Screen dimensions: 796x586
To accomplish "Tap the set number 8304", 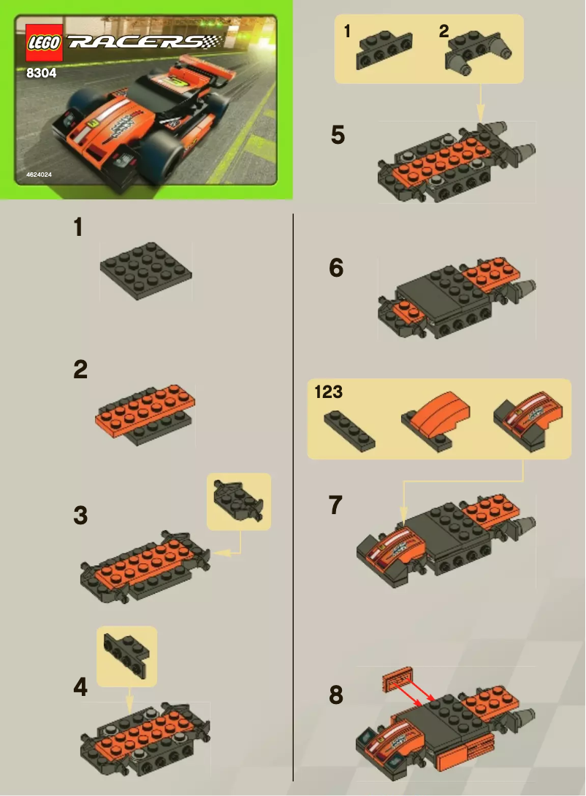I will pyautogui.click(x=42, y=73).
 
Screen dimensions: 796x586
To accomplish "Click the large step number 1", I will pyautogui.click(x=78, y=228).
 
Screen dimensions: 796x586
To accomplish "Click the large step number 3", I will pyautogui.click(x=80, y=516).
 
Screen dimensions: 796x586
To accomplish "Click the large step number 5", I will pyautogui.click(x=338, y=135).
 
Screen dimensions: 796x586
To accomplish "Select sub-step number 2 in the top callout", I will pyautogui.click(x=444, y=31).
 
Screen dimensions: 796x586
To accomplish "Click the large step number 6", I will pyautogui.click(x=336, y=268).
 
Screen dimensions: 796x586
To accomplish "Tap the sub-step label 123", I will pyautogui.click(x=328, y=392).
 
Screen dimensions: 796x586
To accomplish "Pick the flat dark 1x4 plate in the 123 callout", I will pyautogui.click(x=349, y=430).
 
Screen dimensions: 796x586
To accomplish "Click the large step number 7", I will pyautogui.click(x=336, y=505).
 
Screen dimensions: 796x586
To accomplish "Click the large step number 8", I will pyautogui.click(x=336, y=695).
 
